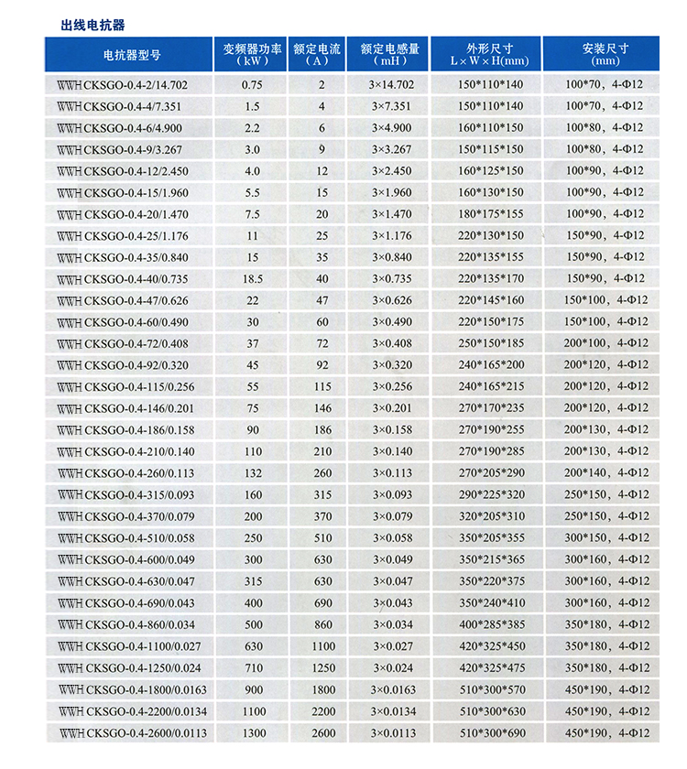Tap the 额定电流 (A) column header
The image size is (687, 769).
316,54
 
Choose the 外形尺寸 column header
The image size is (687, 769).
490,54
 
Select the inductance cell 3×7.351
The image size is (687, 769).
392,106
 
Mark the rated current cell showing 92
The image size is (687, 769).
322,365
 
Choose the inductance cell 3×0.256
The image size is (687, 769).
392,387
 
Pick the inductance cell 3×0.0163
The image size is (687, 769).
392,689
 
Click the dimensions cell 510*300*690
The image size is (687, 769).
490,733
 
